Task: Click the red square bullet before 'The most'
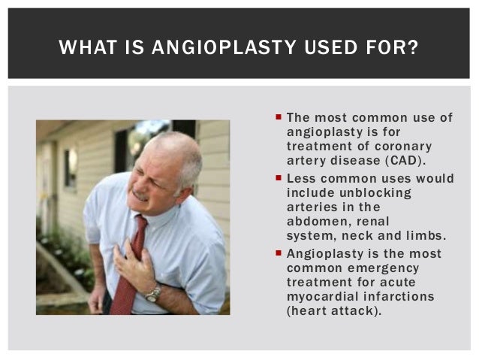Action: click(x=279, y=118)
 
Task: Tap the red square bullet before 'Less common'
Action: click(x=279, y=180)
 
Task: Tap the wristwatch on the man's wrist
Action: click(x=152, y=293)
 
